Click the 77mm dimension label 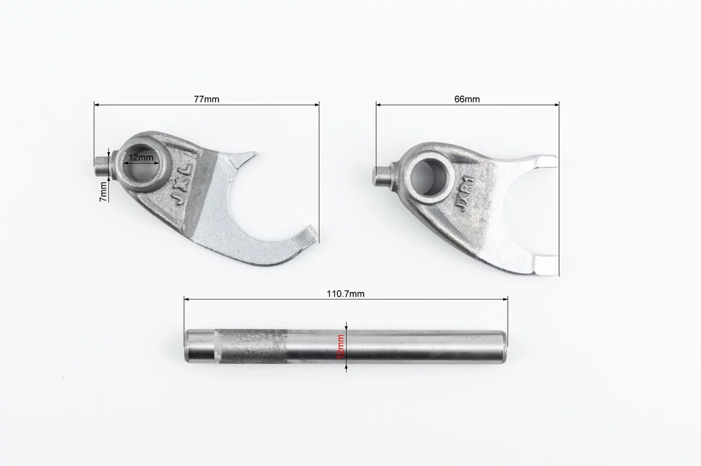click(x=206, y=99)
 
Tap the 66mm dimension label click(x=467, y=99)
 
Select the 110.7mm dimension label click(x=346, y=294)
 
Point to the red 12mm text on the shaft click(x=341, y=347)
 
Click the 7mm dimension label click(x=104, y=192)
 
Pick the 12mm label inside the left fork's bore click(x=141, y=157)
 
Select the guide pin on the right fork click(x=383, y=176)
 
